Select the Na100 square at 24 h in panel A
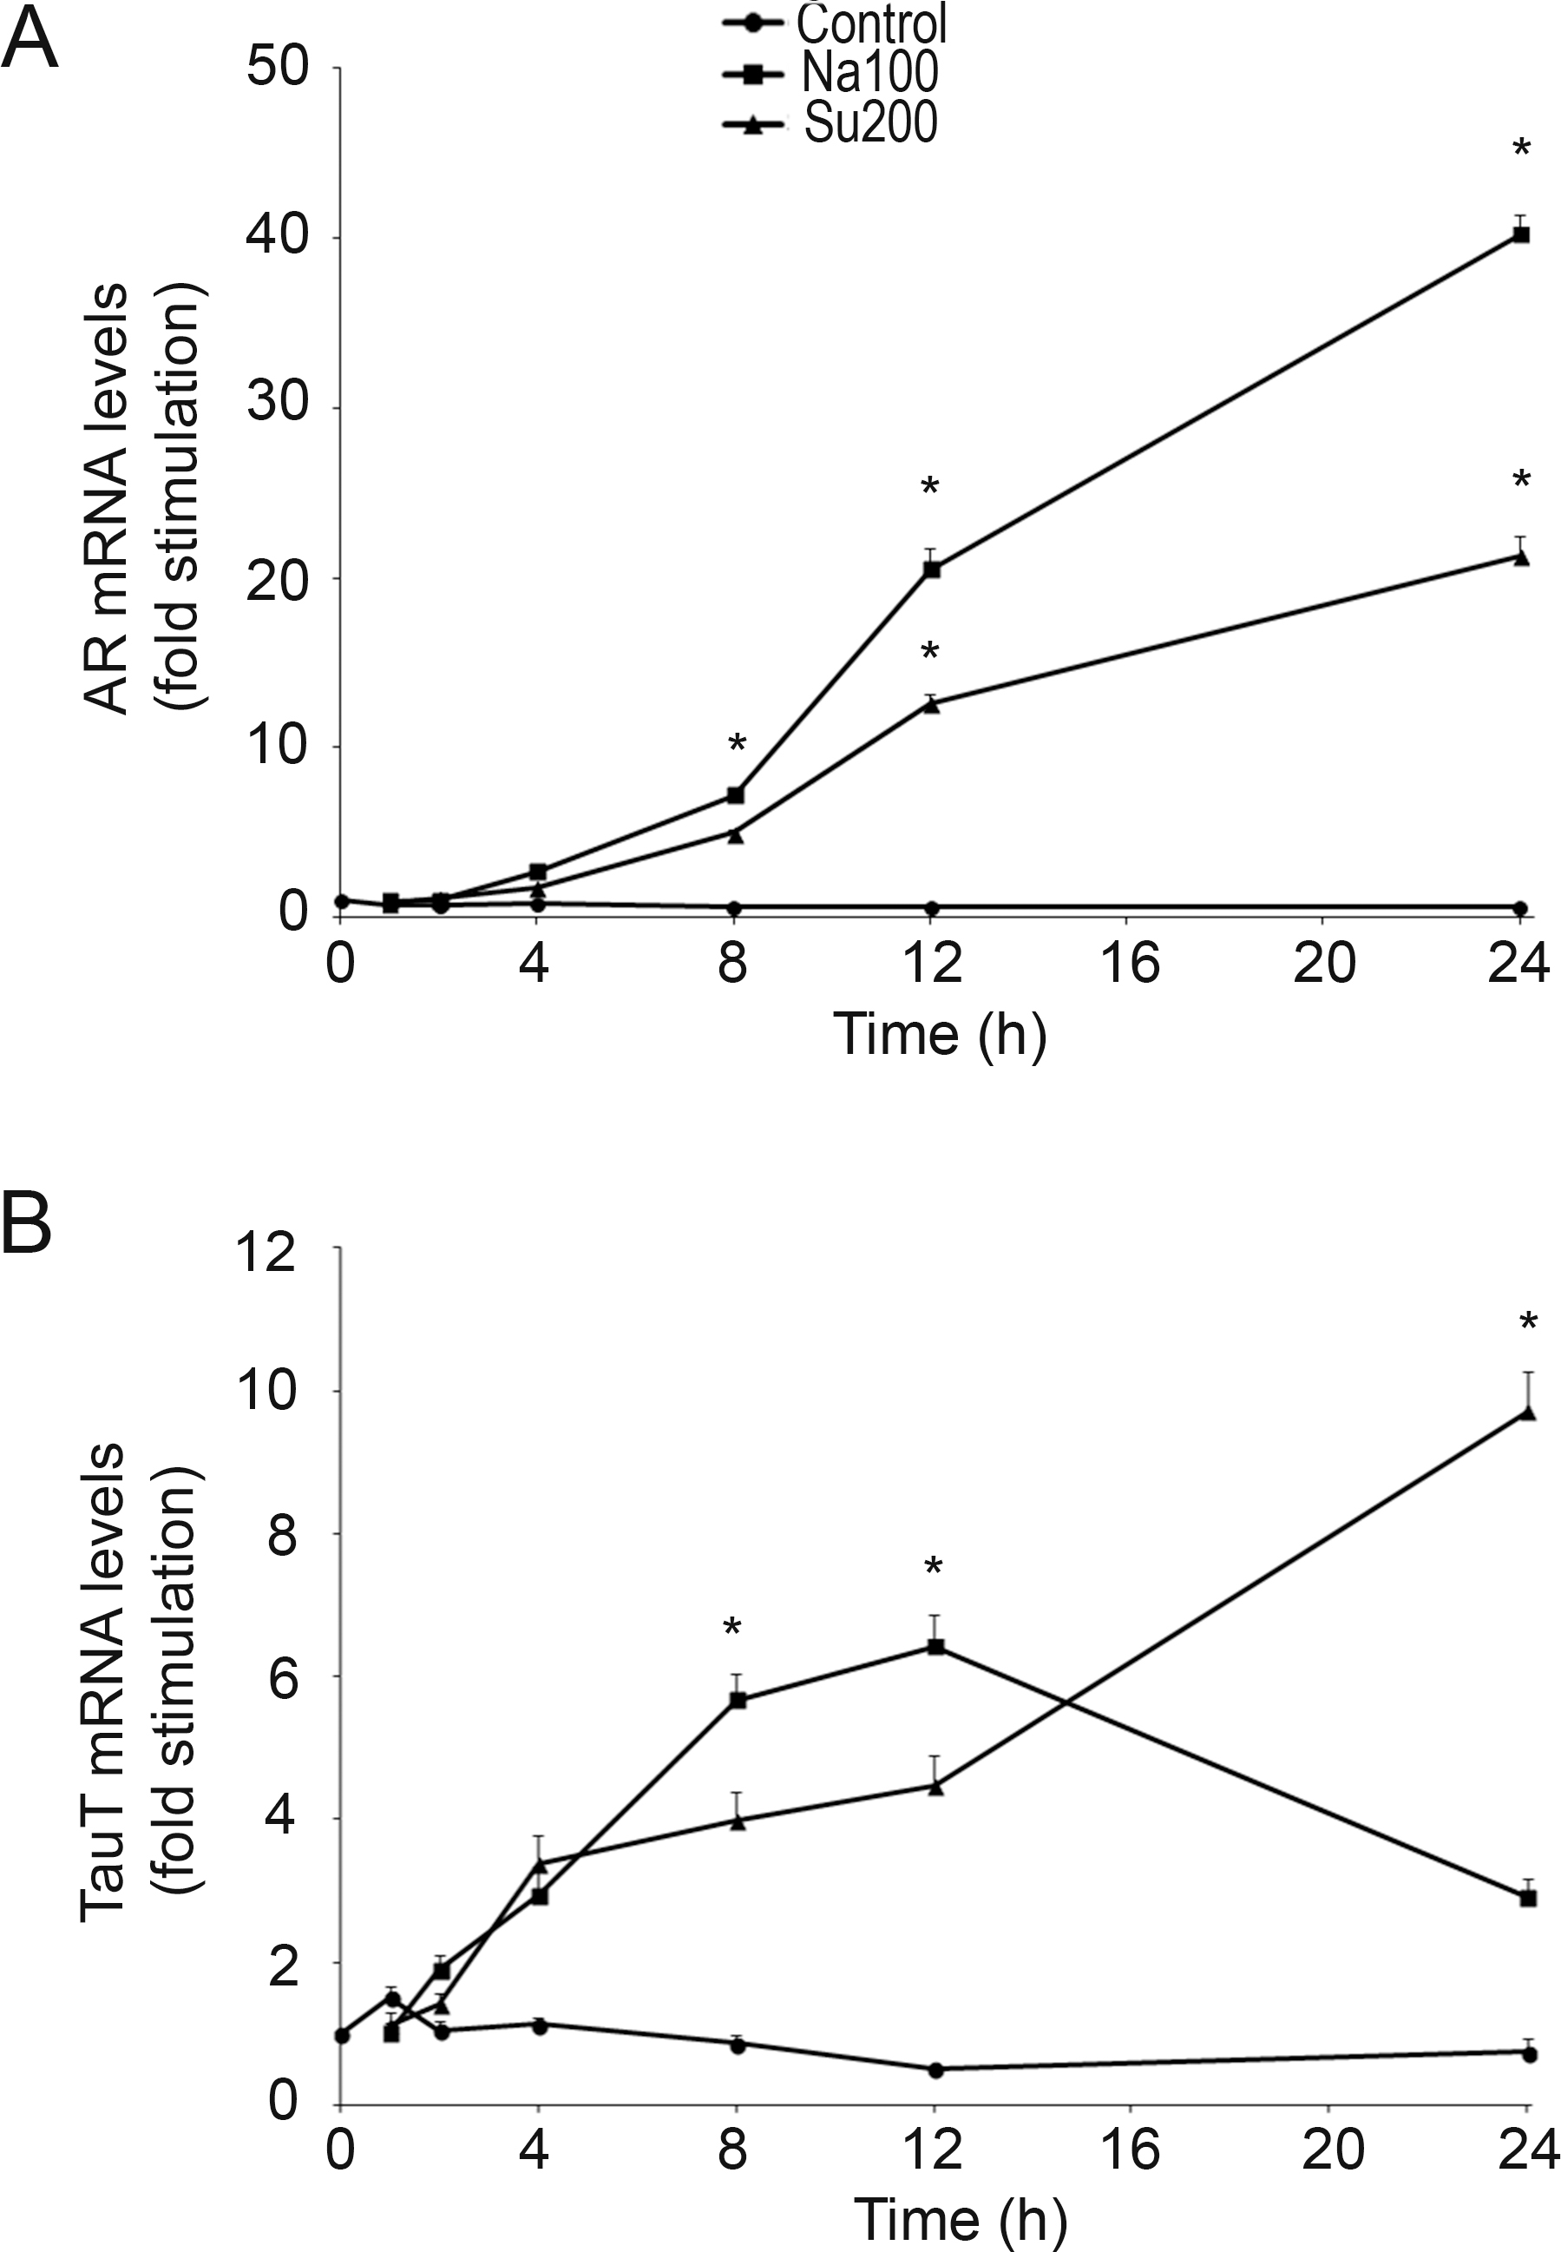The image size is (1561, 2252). [x=1521, y=234]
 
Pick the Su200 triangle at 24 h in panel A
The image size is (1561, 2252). [x=1521, y=556]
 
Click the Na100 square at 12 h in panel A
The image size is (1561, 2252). [x=931, y=570]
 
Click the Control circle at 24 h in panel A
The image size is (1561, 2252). [x=1521, y=908]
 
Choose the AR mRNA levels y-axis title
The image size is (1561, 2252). [x=106, y=499]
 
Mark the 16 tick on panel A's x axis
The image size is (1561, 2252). [x=1130, y=964]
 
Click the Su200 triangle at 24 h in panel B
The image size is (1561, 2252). [x=1528, y=1412]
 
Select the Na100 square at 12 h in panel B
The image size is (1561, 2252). [x=936, y=1648]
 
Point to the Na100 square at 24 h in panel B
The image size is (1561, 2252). [x=1529, y=1898]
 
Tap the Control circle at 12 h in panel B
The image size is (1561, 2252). [x=935, y=2070]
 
